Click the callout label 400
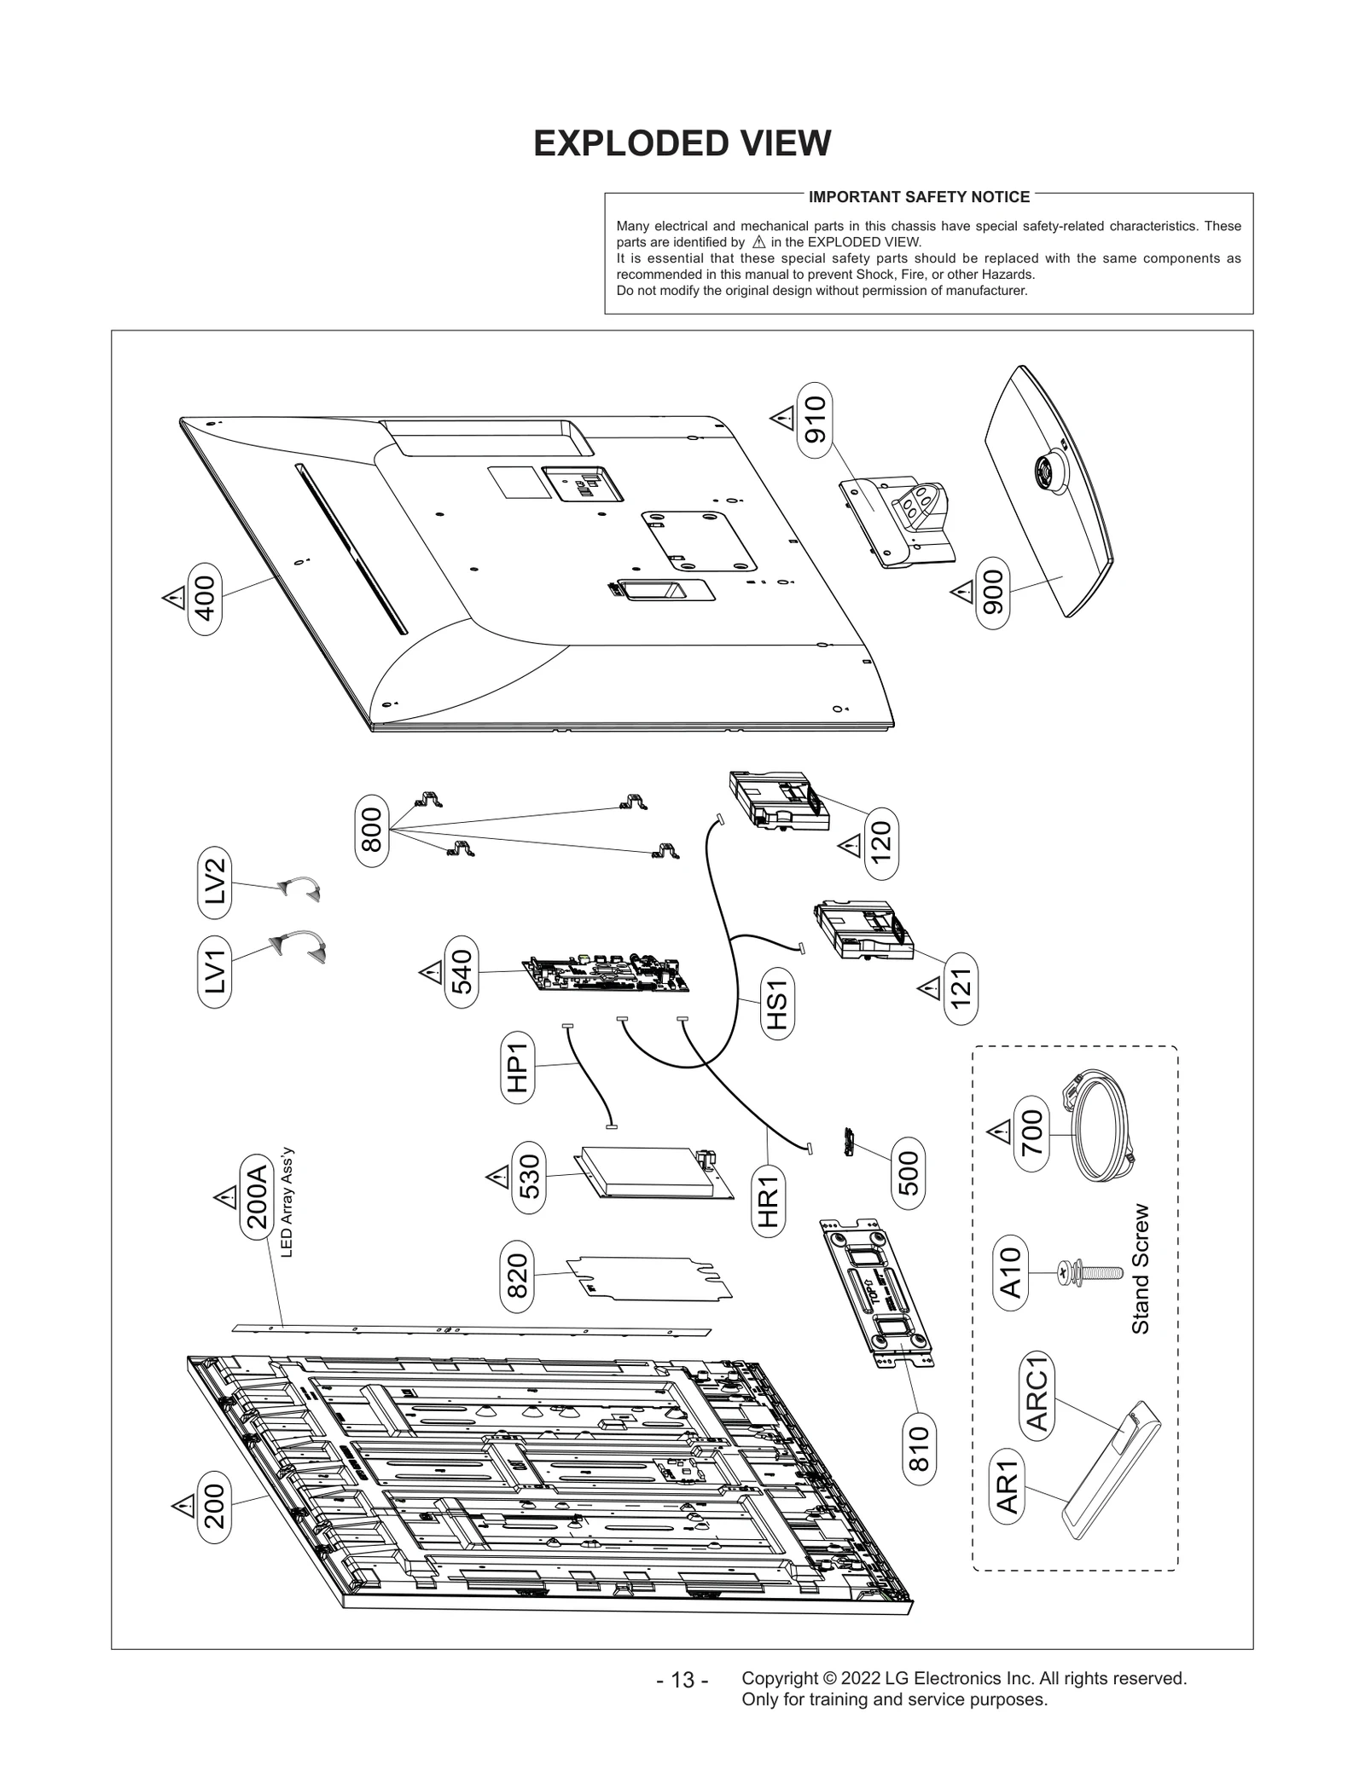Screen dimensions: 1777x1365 (x=205, y=599)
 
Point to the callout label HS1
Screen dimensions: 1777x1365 (x=776, y=1004)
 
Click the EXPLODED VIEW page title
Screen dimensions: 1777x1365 (x=682, y=143)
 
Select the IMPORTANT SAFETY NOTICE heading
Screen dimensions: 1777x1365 (x=919, y=197)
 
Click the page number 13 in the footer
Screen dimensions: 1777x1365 (x=682, y=1680)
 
